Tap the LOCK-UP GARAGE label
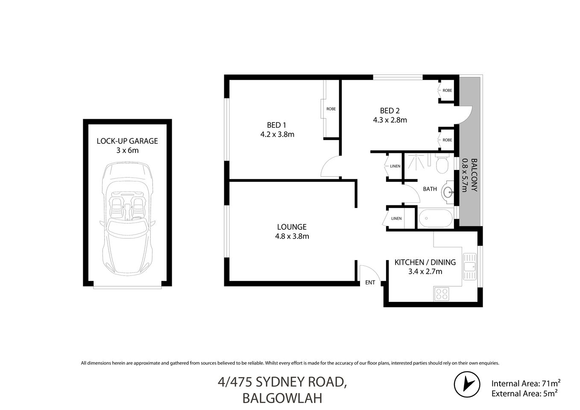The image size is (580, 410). click(127, 141)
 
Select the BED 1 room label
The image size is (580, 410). click(276, 125)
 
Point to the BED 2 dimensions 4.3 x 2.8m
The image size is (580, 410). click(390, 120)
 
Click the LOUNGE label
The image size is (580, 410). click(292, 227)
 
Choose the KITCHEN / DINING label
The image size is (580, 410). click(425, 262)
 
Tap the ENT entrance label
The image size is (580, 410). click(370, 282)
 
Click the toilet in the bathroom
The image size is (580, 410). click(442, 164)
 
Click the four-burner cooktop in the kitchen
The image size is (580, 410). click(442, 293)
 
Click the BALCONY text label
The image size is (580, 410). click(474, 175)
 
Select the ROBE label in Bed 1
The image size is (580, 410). click(331, 109)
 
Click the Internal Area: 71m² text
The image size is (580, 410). click(525, 383)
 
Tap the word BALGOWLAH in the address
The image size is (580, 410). click(282, 398)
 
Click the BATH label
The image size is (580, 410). click(430, 189)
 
